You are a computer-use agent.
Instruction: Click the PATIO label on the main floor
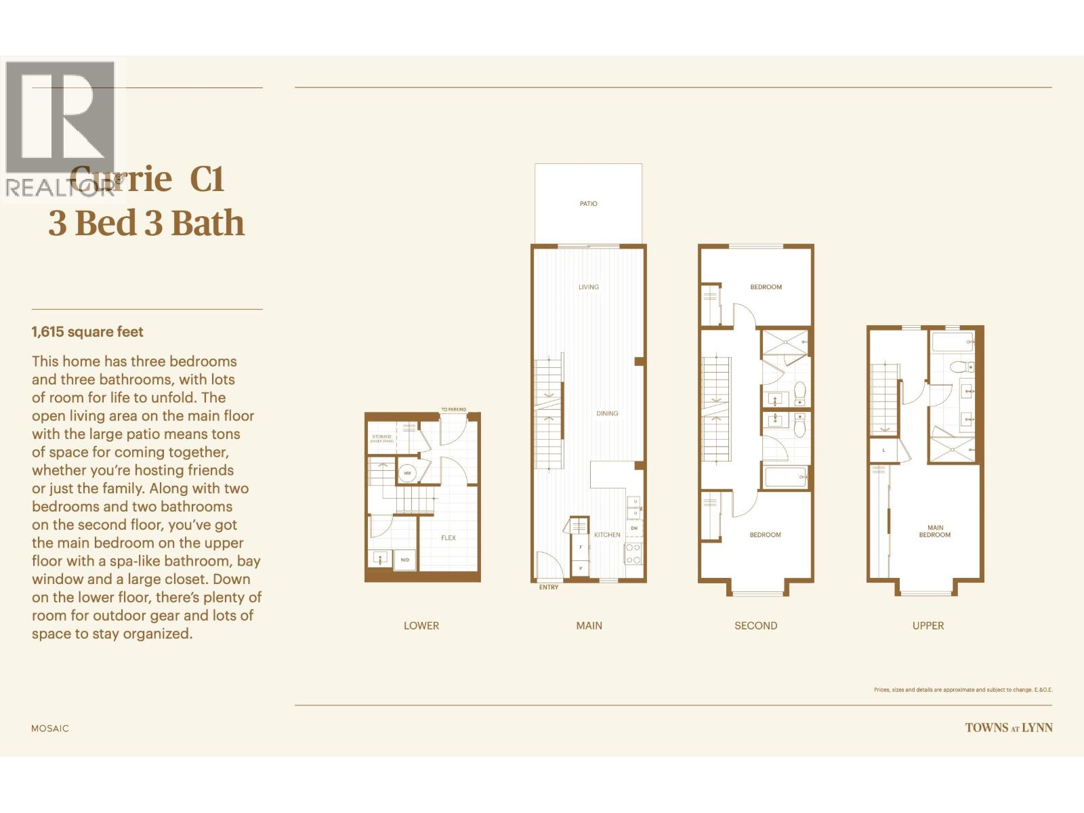click(588, 204)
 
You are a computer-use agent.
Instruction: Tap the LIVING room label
click(588, 287)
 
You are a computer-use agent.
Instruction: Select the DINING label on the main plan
click(607, 413)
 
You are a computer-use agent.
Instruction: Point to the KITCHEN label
click(607, 535)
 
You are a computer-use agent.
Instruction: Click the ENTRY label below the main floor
click(549, 587)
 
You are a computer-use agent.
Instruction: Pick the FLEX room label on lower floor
click(449, 538)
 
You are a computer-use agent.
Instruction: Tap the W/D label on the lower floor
click(404, 560)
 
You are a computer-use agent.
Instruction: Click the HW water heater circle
click(407, 473)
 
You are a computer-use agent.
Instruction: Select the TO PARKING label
click(453, 409)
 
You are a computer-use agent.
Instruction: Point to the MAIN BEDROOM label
click(935, 531)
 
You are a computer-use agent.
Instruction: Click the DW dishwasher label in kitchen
click(634, 528)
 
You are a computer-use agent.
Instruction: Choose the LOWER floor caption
click(421, 626)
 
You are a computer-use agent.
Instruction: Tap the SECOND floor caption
click(755, 626)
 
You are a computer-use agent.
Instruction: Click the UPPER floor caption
click(927, 626)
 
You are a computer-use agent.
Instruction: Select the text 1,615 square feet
click(87, 332)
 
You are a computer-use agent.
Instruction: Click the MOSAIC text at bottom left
click(50, 728)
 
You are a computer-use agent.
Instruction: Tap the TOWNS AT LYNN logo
click(1009, 728)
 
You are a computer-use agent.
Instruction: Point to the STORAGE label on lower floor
click(381, 438)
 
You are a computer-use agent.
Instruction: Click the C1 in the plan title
click(207, 179)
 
